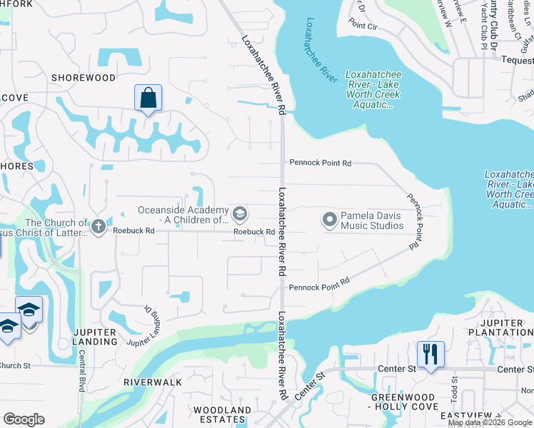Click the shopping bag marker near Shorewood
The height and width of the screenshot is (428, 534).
[148, 98]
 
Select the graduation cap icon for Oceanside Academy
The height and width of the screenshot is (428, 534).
[241, 213]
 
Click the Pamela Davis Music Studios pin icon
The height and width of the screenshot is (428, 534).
[330, 220]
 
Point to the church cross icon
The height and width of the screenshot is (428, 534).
[99, 226]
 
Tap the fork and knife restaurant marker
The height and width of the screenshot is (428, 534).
[430, 354]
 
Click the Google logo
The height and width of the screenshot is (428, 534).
[24, 419]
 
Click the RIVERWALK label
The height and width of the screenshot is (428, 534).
[153, 382]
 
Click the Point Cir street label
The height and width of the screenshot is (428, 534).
[363, 25]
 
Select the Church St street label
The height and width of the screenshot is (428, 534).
[14, 366]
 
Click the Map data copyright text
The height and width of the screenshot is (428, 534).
[490, 422]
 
